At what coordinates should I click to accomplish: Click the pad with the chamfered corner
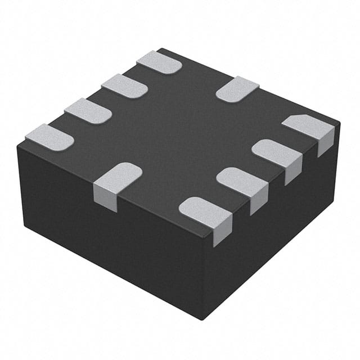[307, 127]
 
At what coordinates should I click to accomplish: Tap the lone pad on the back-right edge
[237, 89]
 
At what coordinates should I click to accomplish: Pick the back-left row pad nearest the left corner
[49, 136]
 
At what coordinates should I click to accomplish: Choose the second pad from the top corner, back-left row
[124, 85]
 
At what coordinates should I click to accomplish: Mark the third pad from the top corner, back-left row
[88, 110]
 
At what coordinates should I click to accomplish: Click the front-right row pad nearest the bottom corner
[204, 212]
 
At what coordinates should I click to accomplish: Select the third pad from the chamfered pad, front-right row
[241, 181]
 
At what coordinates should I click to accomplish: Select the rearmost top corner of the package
[161, 49]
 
